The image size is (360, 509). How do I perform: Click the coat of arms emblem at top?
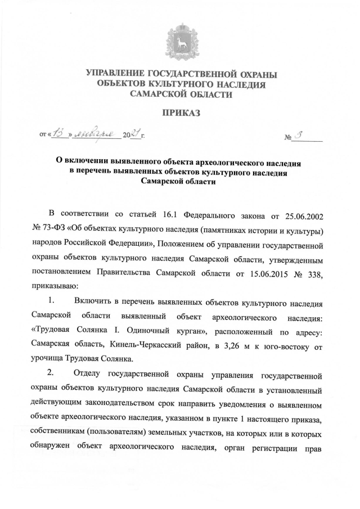click(x=181, y=41)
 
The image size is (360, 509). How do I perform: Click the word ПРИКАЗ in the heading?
click(x=181, y=114)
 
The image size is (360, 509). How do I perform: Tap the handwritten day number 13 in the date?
click(x=60, y=134)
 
